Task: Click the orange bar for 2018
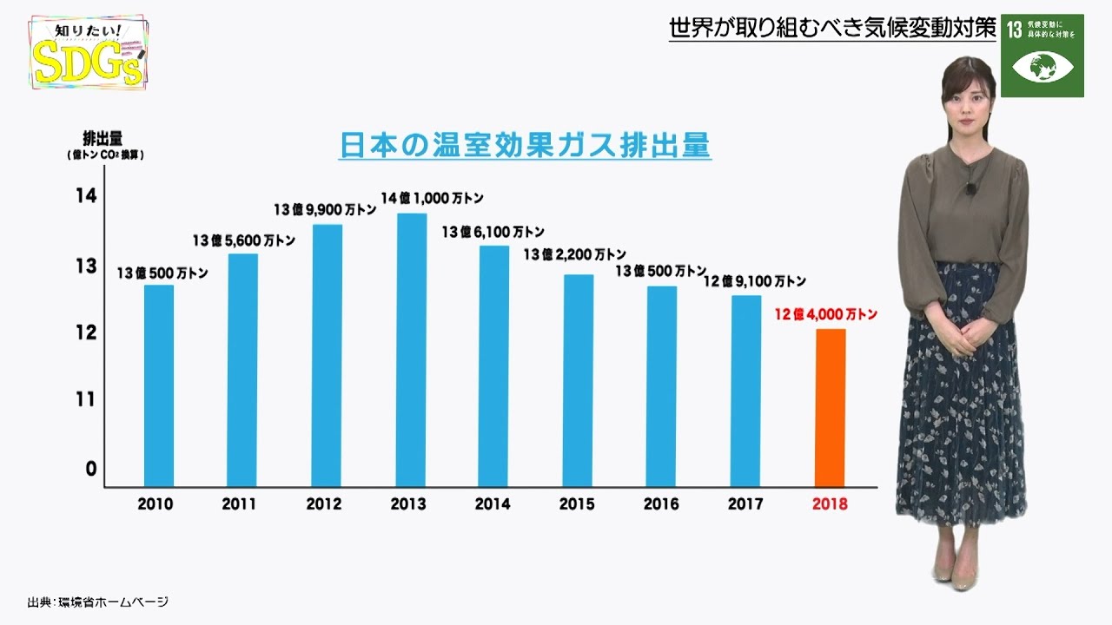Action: [x=830, y=408]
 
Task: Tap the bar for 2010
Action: [x=159, y=385]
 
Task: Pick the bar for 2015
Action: [x=579, y=380]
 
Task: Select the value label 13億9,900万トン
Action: [x=326, y=209]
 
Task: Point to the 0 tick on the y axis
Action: [x=89, y=469]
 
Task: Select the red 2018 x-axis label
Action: [x=829, y=503]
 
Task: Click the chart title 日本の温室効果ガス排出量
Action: [x=525, y=145]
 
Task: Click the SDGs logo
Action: [x=87, y=54]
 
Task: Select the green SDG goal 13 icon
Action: [x=1042, y=55]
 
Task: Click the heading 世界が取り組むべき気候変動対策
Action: [x=831, y=29]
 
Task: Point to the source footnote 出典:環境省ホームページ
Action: [x=96, y=602]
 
